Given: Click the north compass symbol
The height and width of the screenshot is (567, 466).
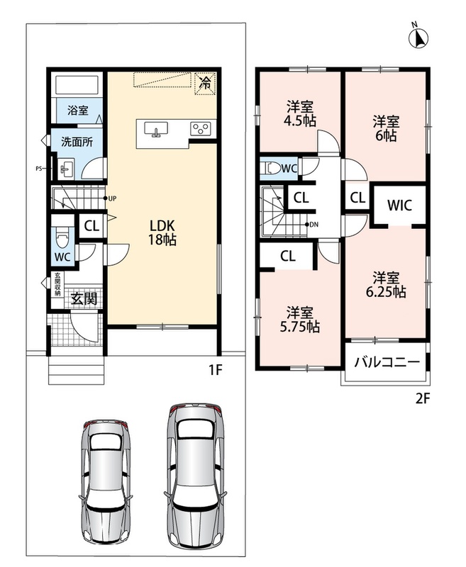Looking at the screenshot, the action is [x=418, y=35].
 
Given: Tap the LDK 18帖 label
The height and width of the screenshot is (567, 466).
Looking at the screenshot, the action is [x=162, y=232].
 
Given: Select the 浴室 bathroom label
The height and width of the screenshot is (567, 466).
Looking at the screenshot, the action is [x=78, y=110].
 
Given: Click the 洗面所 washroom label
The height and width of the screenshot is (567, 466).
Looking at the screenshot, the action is [x=77, y=142].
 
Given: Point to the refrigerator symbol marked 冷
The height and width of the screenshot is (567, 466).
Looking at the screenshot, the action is [x=205, y=84].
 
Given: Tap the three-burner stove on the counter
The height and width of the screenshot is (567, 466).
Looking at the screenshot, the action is [x=201, y=128].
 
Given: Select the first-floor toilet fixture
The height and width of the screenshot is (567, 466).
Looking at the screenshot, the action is [x=62, y=237].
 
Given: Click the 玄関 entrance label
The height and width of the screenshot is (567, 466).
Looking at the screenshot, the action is [x=84, y=298].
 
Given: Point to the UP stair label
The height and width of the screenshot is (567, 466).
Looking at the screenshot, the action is [x=112, y=198].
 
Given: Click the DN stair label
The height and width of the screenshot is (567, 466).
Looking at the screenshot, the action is [x=314, y=225].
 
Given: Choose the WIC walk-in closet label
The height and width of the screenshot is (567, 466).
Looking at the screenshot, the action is [x=399, y=205].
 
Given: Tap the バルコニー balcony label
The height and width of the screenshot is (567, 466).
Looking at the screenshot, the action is [x=387, y=362].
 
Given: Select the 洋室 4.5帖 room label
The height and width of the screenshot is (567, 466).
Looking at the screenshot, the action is [x=300, y=113].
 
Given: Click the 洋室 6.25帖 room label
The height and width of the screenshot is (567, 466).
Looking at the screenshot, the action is [x=386, y=285].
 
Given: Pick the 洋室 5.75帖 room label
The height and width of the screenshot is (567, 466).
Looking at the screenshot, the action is [x=300, y=320].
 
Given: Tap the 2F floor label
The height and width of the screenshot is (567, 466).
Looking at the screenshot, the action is [x=422, y=398].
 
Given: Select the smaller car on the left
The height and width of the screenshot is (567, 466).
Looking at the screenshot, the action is [x=106, y=481].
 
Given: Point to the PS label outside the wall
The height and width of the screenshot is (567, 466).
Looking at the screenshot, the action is [x=39, y=168].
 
